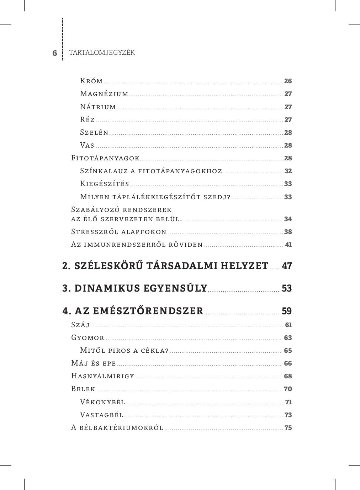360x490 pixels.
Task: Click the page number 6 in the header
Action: coord(54,53)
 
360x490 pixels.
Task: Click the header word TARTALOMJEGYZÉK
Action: coord(102,53)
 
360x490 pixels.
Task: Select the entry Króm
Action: coord(91,81)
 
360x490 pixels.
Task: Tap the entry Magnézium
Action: coord(104,94)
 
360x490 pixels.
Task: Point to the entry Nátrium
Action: coord(98,107)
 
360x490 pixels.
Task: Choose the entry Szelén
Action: coord(94,132)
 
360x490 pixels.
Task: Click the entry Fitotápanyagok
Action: coord(105,158)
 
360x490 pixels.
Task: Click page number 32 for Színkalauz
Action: coord(288,171)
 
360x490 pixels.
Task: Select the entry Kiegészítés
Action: coord(105,184)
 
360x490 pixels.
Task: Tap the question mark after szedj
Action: coord(229,197)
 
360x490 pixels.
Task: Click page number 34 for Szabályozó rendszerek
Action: coord(288,219)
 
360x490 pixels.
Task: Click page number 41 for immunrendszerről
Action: coord(288,245)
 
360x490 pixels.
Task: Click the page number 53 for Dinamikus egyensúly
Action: coord(287,288)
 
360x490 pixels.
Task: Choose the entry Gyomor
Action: coord(88,338)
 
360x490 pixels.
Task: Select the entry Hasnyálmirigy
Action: coord(103,376)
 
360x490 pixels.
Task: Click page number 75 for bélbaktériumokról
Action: coord(288,428)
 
